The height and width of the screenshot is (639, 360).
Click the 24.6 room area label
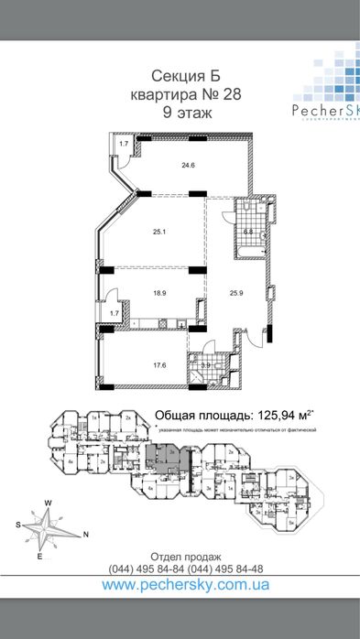point(188,166)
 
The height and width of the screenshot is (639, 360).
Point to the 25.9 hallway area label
point(235,294)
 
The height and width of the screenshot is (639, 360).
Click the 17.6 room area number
point(159,365)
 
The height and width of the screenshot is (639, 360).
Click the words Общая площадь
point(193,413)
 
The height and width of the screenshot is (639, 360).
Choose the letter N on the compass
point(85,534)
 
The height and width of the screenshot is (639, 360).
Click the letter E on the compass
point(39,555)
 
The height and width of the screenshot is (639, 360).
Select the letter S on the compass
point(17,525)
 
